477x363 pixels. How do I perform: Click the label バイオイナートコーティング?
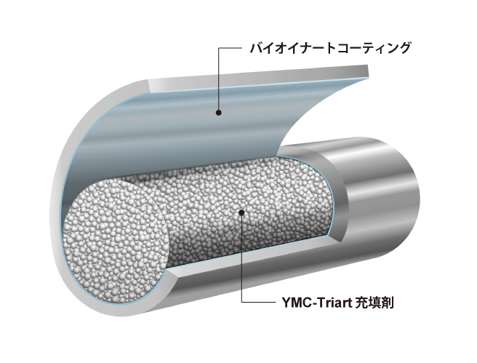point(330,48)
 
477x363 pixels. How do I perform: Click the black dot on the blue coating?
point(218,113)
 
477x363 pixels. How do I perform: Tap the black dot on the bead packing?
point(241,212)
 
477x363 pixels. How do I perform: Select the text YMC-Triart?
point(316,303)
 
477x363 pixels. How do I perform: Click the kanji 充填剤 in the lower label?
point(374,303)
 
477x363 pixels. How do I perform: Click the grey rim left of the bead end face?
point(57,213)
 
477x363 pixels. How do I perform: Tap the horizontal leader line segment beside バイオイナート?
point(230,48)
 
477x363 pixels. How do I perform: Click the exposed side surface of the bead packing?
point(244,210)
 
